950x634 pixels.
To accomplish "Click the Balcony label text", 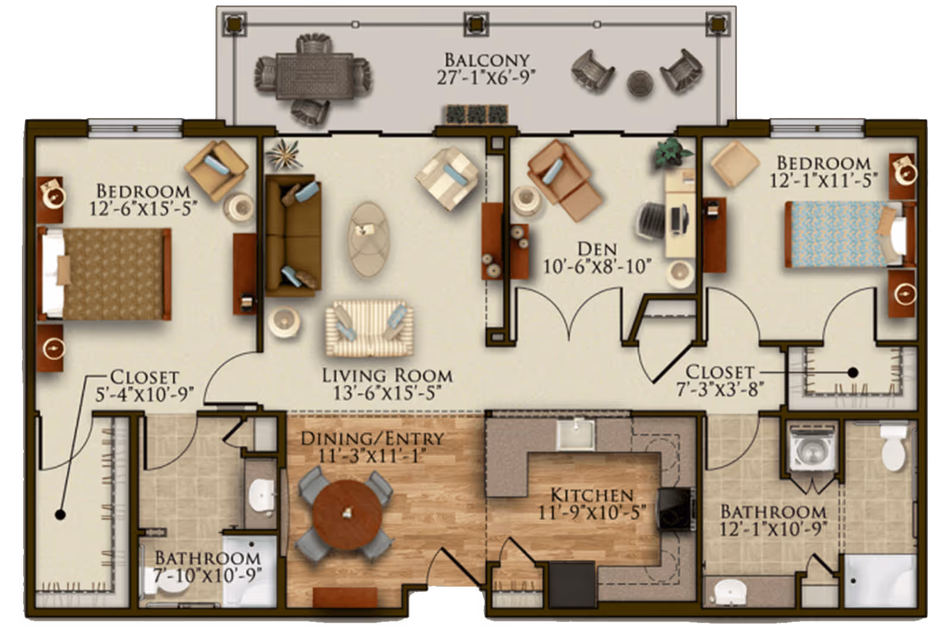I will [486, 60].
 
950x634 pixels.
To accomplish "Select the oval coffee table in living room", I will [369, 238].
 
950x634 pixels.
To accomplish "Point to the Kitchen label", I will [591, 495].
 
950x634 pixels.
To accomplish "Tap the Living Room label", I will [387, 375].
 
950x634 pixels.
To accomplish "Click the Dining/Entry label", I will [372, 439].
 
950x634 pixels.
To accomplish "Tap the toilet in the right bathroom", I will [892, 450].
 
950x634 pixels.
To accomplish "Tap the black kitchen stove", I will [675, 508].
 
